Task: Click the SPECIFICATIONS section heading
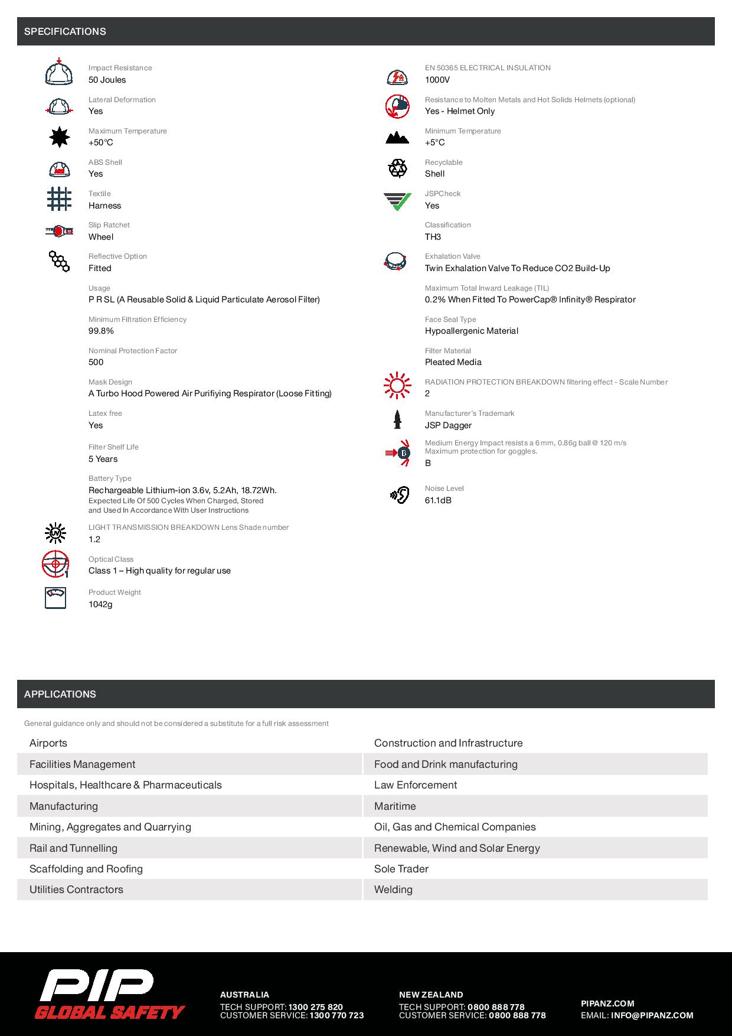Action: pyautogui.click(x=65, y=32)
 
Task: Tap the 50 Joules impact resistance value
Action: pyautogui.click(x=107, y=80)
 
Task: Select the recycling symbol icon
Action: pyautogui.click(x=397, y=168)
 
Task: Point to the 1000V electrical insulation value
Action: pyautogui.click(x=437, y=80)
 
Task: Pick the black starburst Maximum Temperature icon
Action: pyautogui.click(x=59, y=137)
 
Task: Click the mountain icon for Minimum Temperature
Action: pyautogui.click(x=397, y=138)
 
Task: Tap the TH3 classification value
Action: pyautogui.click(x=433, y=237)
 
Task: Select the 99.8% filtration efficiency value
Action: pyautogui.click(x=101, y=331)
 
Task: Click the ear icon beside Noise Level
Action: pyautogui.click(x=400, y=495)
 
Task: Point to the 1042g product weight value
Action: pyautogui.click(x=100, y=604)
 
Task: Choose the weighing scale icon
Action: pyautogui.click(x=55, y=598)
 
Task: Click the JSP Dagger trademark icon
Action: pyautogui.click(x=397, y=419)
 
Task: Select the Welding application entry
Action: pyautogui.click(x=393, y=890)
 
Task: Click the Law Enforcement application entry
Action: pyautogui.click(x=416, y=785)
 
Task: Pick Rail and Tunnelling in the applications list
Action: pyautogui.click(x=73, y=848)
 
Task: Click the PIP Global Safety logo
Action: pyautogui.click(x=109, y=995)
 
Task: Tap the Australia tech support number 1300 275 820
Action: pyautogui.click(x=315, y=1007)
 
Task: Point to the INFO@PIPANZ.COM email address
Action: pyautogui.click(x=652, y=1015)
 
